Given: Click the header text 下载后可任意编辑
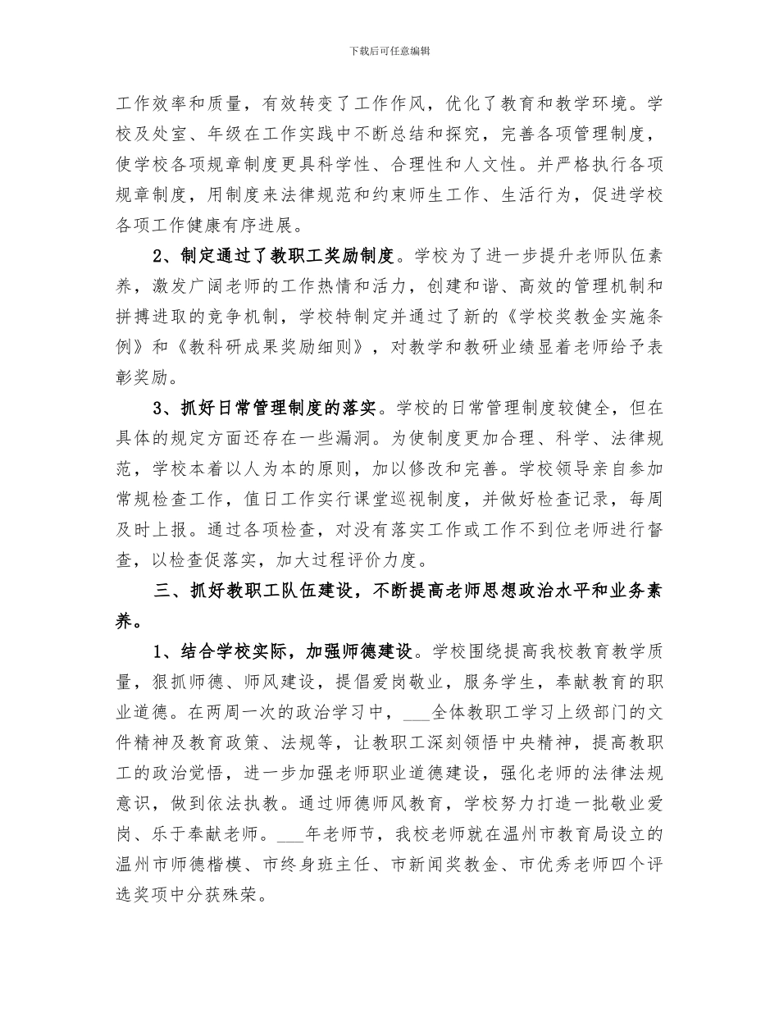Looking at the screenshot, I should [389, 51].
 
